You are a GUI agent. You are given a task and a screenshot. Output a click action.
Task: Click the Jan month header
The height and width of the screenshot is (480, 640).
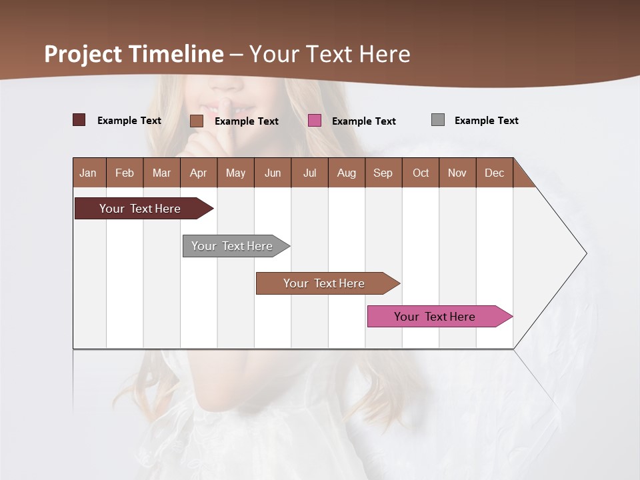click(x=89, y=173)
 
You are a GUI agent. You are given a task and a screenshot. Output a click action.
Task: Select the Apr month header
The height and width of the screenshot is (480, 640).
click(x=198, y=173)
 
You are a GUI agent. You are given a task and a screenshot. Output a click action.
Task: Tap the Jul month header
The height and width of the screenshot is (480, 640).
click(x=309, y=173)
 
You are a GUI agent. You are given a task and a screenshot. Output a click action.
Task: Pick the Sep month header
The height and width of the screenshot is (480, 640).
click(x=383, y=173)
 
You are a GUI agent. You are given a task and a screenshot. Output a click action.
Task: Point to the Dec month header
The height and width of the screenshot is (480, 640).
click(x=494, y=173)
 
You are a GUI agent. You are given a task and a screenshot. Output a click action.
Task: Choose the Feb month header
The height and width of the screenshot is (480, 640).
click(x=125, y=173)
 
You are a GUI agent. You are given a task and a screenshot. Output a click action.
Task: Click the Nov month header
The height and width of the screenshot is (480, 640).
click(x=457, y=173)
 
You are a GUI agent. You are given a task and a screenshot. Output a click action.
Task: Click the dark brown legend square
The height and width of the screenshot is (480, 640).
click(x=79, y=120)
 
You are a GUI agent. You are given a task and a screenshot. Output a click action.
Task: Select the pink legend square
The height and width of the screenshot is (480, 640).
click(x=315, y=121)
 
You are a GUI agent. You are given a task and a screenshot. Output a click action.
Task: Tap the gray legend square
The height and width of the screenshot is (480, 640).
click(x=438, y=120)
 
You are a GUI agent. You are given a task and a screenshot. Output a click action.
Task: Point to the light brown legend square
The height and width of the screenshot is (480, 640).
click(x=197, y=121)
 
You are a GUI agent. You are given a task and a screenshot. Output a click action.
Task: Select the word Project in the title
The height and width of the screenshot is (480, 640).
click(x=83, y=54)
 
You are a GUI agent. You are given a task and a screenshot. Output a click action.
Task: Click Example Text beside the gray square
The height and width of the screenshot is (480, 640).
click(x=486, y=121)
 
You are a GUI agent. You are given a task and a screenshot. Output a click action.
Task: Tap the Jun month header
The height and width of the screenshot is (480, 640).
click(x=272, y=173)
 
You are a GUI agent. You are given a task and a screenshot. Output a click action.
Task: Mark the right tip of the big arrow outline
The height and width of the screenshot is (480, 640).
click(x=586, y=253)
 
